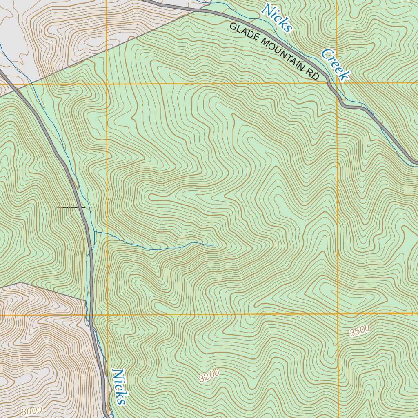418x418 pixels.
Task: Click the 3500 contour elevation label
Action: click(360, 331)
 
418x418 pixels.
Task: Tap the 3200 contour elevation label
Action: click(209, 375)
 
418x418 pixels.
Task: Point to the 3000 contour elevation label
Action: click(31, 411)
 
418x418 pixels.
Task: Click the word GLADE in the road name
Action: click(244, 34)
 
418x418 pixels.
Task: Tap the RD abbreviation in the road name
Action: click(313, 74)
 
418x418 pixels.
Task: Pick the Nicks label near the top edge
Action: click(278, 17)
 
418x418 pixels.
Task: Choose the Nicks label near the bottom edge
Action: click(118, 387)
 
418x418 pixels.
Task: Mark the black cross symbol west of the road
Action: click(71, 208)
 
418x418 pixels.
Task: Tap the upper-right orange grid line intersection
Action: click(337, 83)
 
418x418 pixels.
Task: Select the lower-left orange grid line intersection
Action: click(107, 315)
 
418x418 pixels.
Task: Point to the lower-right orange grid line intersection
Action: click(338, 314)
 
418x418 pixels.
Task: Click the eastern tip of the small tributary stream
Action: click(213, 245)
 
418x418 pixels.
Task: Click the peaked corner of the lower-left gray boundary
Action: click(20, 282)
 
